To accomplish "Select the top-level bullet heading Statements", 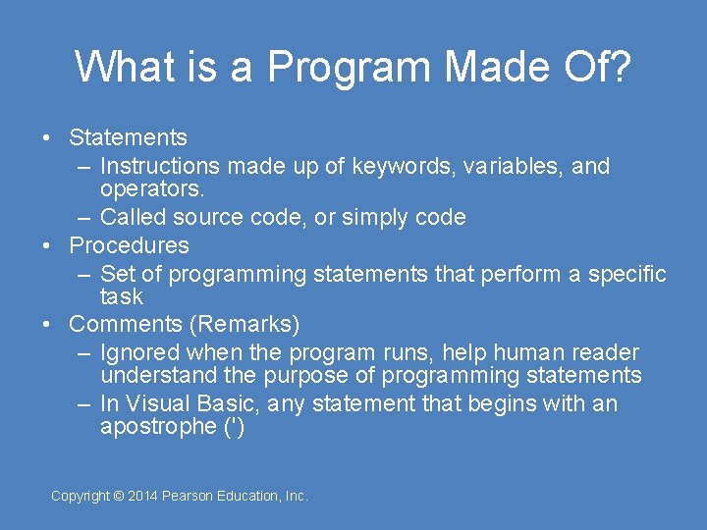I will click(x=129, y=138).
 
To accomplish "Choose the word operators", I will click(x=152, y=188).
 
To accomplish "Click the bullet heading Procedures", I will click(x=130, y=245).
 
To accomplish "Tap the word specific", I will click(x=626, y=275).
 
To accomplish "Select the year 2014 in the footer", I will click(x=143, y=497).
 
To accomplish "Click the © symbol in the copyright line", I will click(x=119, y=497).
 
